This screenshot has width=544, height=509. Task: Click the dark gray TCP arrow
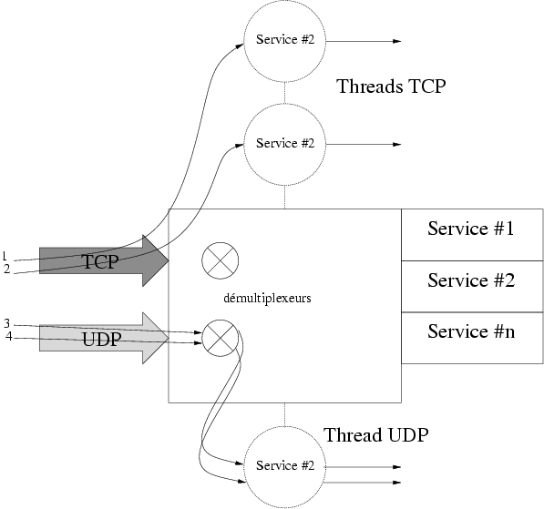tap(104, 260)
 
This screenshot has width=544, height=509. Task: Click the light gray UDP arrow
tap(104, 338)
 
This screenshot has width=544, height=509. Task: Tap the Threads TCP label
tap(391, 87)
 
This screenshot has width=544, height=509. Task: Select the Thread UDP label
tap(376, 435)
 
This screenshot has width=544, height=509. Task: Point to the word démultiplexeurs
tap(267, 298)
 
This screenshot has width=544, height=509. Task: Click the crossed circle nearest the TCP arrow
tap(221, 260)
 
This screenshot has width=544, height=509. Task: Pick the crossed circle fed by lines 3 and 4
tap(221, 338)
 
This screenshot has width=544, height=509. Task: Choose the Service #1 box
tap(472, 235)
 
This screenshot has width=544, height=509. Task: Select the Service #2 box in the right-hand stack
tap(472, 287)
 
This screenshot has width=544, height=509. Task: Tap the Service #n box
tap(472, 338)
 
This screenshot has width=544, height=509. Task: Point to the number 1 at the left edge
tap(5, 256)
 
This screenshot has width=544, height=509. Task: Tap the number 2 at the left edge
tap(7, 269)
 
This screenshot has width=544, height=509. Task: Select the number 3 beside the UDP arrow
tap(7, 324)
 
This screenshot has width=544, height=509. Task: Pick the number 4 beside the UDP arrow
tap(9, 336)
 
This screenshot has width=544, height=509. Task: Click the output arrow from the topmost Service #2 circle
tap(364, 41)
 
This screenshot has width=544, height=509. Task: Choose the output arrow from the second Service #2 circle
tap(364, 144)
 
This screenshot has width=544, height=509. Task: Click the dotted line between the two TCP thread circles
tap(285, 93)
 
